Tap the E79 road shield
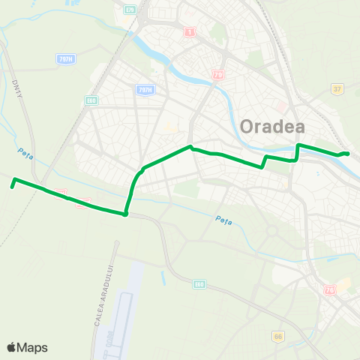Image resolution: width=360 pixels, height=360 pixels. tap(131, 10)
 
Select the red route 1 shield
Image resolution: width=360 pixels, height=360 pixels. tap(190, 32)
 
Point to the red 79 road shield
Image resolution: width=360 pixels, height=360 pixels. tap(218, 75)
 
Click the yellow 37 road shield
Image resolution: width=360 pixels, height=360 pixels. tap(337, 89)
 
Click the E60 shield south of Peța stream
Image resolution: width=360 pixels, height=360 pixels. tap(199, 284)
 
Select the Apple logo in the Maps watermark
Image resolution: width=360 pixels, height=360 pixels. tap(11, 347)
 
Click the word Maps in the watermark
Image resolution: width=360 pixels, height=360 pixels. tap(33, 347)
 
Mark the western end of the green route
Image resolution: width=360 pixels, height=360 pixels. tap(13, 179)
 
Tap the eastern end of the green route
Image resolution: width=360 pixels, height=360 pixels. tap(348, 154)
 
